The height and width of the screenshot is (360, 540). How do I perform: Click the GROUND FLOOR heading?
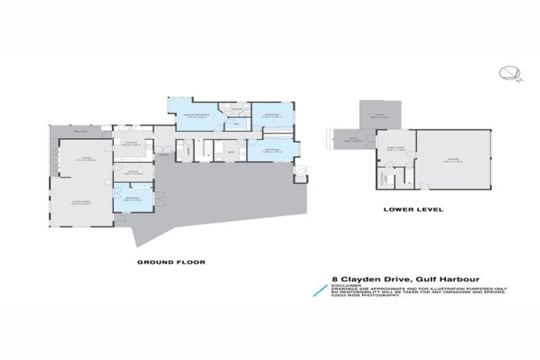click(x=170, y=262)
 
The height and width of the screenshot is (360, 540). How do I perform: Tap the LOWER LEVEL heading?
click(x=406, y=209)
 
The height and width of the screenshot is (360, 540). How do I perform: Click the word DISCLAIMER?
click(x=344, y=285)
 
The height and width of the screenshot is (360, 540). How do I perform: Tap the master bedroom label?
click(x=194, y=115)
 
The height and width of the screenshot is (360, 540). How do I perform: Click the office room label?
click(x=133, y=172)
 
